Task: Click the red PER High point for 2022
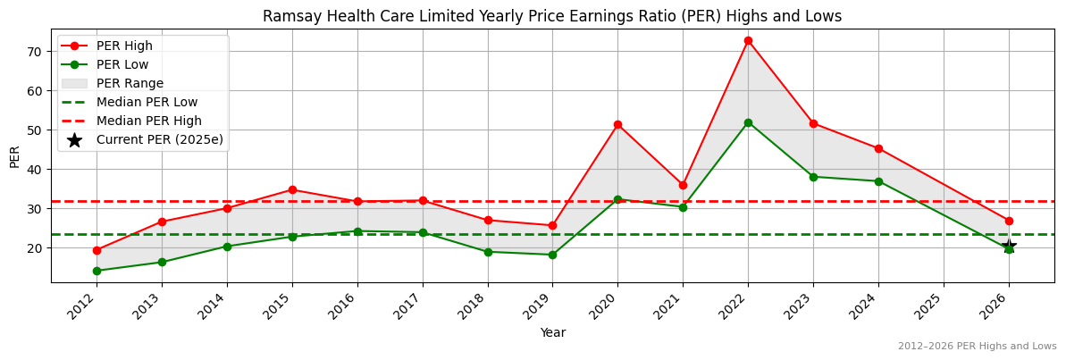748,40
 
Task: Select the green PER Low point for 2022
748,122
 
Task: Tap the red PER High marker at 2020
617,124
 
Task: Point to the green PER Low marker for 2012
97,271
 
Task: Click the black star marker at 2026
1009,247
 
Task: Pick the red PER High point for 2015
292,189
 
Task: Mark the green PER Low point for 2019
552,255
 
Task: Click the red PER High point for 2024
878,148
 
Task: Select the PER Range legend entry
130,83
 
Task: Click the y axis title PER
14,155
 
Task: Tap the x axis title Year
552,333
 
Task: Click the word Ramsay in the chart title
289,16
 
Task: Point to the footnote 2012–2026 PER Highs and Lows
977,346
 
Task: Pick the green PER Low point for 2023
813,177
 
